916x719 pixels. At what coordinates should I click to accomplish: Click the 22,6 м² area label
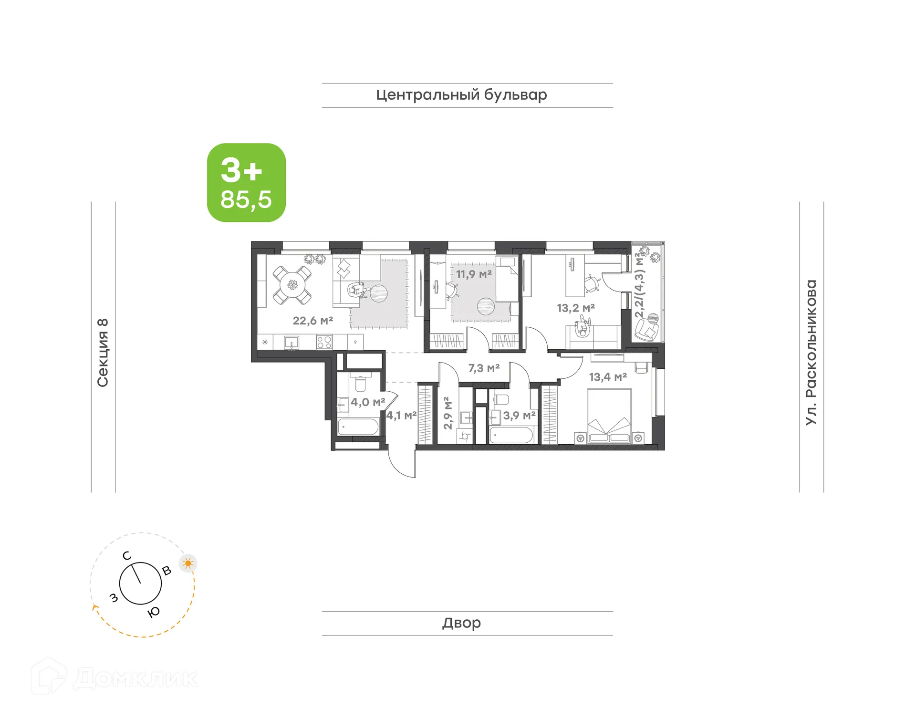[312, 321]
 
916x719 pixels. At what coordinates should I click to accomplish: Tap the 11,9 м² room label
[473, 274]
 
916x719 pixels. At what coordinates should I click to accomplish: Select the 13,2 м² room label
[575, 308]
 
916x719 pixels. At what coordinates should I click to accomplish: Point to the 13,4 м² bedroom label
[607, 377]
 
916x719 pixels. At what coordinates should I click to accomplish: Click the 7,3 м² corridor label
[484, 368]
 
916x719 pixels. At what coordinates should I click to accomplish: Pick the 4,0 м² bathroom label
[367, 402]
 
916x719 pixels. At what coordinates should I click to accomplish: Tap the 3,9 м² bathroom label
[519, 416]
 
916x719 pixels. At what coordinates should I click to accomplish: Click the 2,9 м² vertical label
[448, 413]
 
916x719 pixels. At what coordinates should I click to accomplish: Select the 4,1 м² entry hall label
[401, 416]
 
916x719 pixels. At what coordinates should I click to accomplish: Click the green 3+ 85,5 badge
[246, 183]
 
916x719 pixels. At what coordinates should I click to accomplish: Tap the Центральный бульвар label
[461, 95]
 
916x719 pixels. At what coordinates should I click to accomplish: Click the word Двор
[461, 623]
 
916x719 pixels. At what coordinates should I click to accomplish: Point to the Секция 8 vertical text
[103, 353]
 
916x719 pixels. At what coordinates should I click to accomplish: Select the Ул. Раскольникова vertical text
[811, 353]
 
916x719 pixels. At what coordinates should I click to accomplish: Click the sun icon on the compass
[188, 563]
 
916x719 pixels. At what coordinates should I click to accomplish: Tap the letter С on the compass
[126, 555]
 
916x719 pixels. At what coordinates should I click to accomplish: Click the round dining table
[292, 285]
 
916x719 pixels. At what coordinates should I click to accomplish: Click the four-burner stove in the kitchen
[324, 342]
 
